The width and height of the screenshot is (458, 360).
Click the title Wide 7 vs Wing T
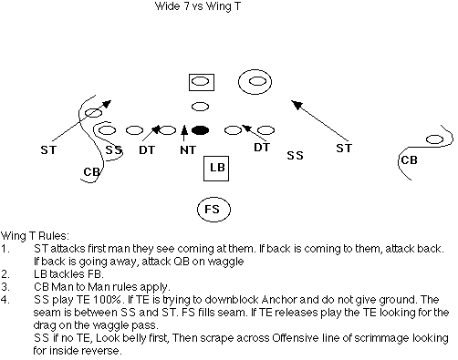coord(198,6)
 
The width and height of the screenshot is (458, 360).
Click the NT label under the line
coord(188,149)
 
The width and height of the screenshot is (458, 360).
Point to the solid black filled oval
coord(200,130)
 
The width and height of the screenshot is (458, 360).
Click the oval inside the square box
coord(201,81)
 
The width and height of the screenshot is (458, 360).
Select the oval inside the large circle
coord(257,81)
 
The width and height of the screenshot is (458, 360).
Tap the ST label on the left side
coord(48,149)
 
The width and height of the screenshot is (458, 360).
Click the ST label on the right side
coord(344,148)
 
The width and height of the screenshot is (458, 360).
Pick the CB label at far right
coord(409,160)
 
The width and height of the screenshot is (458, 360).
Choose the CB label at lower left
coord(91,172)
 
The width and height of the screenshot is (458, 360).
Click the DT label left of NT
coord(147,149)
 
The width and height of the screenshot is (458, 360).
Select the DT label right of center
coord(262,148)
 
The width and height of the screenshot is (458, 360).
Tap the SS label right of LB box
coord(295,156)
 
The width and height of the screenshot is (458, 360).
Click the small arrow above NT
coord(183,133)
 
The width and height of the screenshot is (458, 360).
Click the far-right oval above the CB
coord(434,139)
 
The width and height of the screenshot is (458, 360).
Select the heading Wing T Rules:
coord(35,236)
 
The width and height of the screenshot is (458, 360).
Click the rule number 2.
coord(5,274)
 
